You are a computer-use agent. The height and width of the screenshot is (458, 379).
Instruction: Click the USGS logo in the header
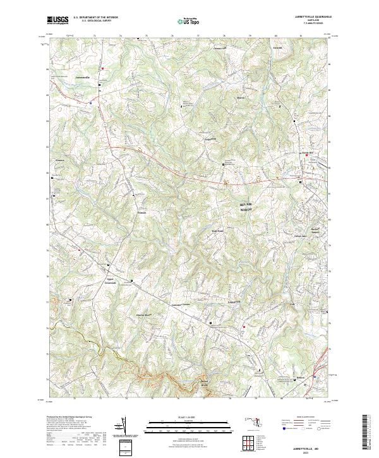click(x=57, y=20)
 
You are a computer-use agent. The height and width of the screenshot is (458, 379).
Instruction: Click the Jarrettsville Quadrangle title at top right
click(x=308, y=16)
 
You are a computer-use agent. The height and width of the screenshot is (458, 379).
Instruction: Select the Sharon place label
click(x=222, y=97)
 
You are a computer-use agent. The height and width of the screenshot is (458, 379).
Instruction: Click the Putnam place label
click(x=141, y=212)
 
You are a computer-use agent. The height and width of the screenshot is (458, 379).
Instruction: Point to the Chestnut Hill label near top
click(x=219, y=47)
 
